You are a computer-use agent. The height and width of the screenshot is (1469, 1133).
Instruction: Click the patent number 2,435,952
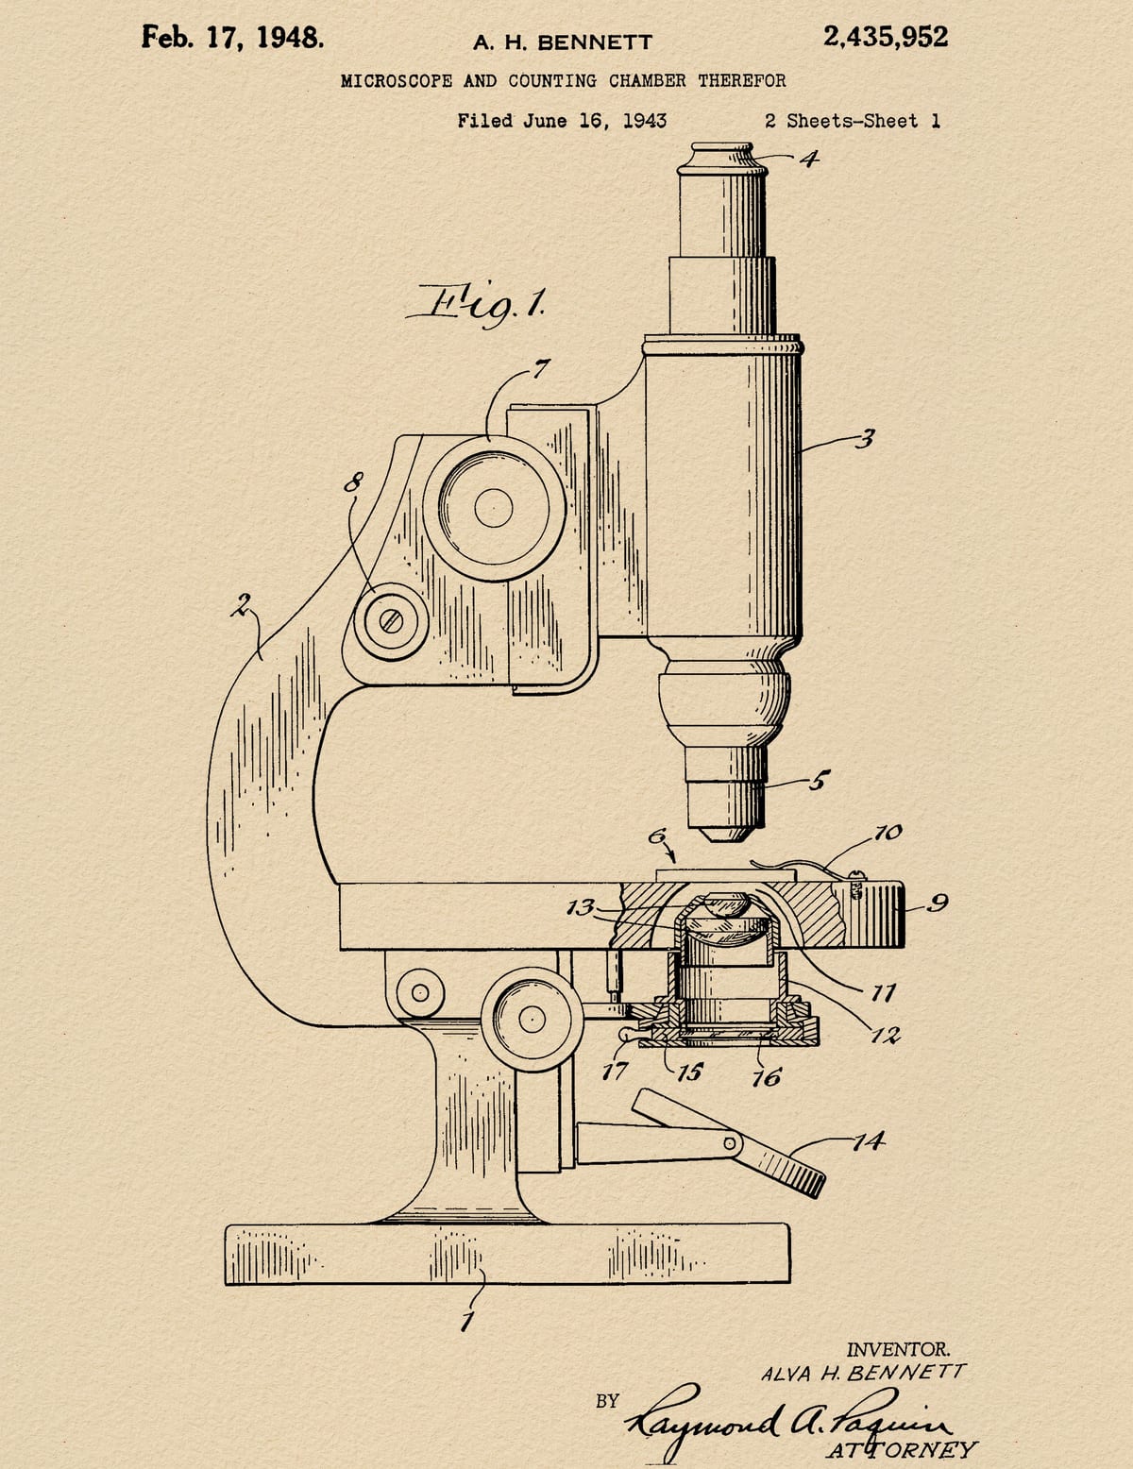click(x=885, y=37)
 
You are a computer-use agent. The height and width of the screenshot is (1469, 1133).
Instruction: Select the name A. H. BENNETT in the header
click(x=563, y=43)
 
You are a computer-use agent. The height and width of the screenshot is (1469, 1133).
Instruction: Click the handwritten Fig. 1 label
click(x=477, y=306)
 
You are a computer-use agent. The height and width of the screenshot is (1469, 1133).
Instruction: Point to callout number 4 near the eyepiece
click(x=808, y=159)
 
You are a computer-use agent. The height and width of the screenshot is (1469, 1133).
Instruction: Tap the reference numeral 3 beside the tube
click(x=864, y=439)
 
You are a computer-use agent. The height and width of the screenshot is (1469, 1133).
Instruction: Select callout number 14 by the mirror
click(x=868, y=1141)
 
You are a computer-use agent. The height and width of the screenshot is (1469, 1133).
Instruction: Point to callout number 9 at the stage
click(x=938, y=903)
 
